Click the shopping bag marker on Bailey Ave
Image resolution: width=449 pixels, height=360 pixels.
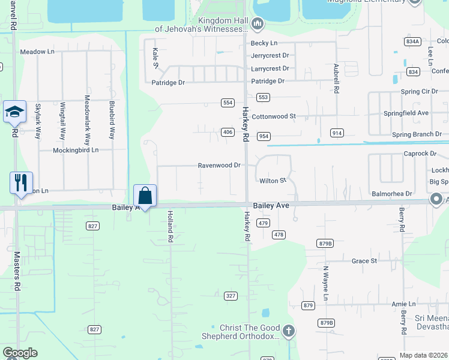click(x=145, y=196)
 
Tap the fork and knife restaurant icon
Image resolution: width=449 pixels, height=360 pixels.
click(x=21, y=182)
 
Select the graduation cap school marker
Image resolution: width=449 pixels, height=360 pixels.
click(x=14, y=112)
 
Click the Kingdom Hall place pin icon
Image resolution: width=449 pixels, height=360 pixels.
click(x=258, y=24)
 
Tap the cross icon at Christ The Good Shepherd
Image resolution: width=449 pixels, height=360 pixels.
click(x=289, y=331)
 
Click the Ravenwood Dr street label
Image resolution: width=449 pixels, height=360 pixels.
click(x=219, y=165)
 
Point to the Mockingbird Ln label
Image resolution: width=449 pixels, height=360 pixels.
click(x=76, y=150)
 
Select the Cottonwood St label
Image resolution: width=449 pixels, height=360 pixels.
click(x=274, y=116)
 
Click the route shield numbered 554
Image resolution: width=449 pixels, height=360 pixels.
click(x=227, y=103)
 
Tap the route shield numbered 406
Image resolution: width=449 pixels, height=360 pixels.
click(x=227, y=132)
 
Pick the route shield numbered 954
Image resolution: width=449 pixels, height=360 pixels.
click(x=264, y=136)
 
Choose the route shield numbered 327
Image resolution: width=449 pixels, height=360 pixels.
click(x=231, y=296)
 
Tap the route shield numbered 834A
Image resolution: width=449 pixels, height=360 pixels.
click(x=412, y=41)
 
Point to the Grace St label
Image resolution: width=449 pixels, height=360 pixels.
click(x=364, y=261)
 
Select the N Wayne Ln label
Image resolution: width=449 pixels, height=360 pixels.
click(x=326, y=284)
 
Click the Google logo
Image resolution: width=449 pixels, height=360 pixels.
click(x=20, y=353)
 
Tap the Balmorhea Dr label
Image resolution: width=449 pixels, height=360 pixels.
click(x=392, y=194)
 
